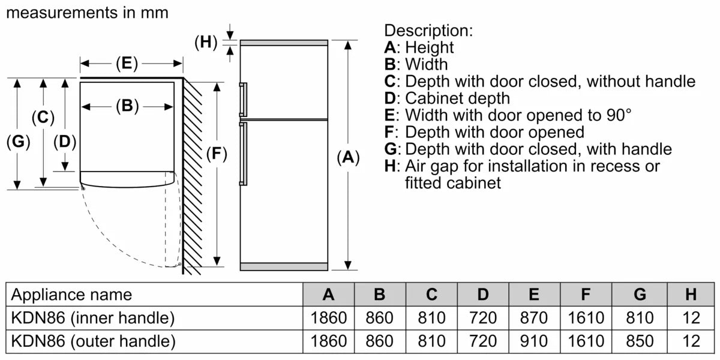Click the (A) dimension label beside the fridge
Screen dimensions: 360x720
click(347, 157)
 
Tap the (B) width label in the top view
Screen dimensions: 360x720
click(127, 106)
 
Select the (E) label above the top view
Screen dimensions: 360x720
click(127, 63)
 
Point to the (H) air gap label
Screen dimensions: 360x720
click(206, 42)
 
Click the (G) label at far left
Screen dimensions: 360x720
click(18, 142)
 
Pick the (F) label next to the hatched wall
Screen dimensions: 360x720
click(216, 154)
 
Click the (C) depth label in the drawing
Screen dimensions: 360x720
click(43, 118)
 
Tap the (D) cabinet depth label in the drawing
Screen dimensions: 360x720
click(65, 142)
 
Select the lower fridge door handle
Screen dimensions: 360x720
click(242, 153)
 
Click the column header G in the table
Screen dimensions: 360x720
click(640, 294)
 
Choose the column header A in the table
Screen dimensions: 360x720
click(328, 294)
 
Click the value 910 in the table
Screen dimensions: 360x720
click(534, 341)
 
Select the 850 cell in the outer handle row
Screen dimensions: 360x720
click(640, 341)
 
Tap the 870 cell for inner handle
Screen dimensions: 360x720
click(534, 317)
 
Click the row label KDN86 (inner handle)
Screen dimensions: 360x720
click(93, 317)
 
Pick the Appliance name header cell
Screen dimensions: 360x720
click(71, 294)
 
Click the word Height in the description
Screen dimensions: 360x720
click(430, 47)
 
